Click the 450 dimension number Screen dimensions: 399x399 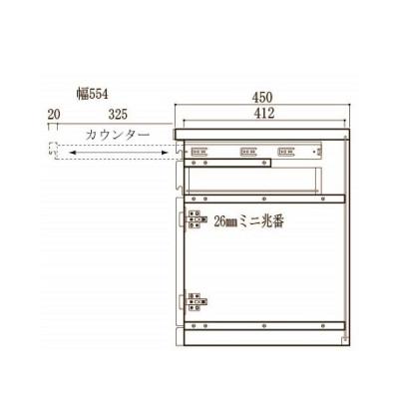click(x=262, y=98)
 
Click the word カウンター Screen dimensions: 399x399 click(x=118, y=134)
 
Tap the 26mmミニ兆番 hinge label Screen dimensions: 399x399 click(x=248, y=223)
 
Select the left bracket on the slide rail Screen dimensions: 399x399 click(x=199, y=154)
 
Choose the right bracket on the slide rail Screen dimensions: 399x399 click(x=286, y=154)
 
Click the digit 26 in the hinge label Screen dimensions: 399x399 click(x=218, y=223)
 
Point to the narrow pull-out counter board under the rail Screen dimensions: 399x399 click(x=228, y=166)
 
